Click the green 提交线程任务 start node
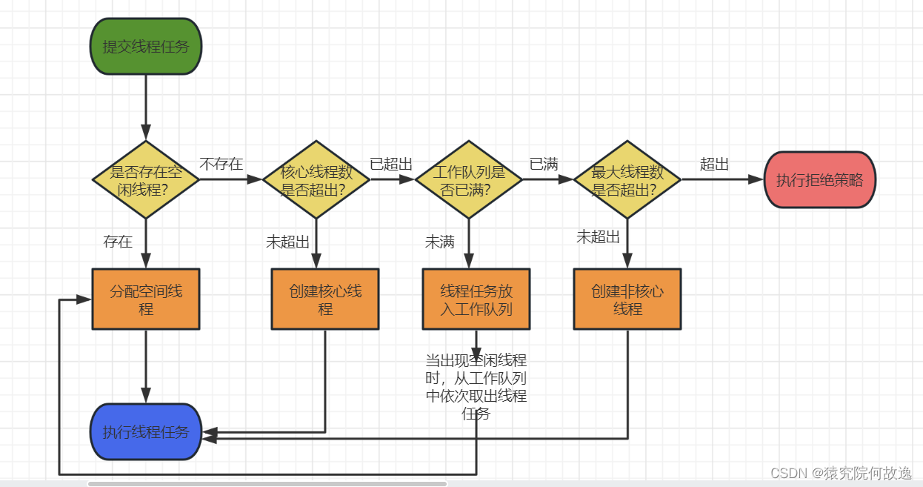[146, 46]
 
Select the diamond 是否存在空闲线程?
[146, 180]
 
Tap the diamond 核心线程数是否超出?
[316, 180]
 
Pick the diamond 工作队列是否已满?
[468, 180]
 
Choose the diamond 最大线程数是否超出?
[627, 180]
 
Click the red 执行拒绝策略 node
[819, 180]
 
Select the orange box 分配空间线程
[146, 299]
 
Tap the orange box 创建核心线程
[325, 299]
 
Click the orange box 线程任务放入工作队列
[476, 299]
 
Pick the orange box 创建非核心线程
[627, 299]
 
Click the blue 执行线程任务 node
[146, 431]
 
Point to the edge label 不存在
[221, 164]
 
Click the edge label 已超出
[391, 164]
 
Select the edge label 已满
[544, 164]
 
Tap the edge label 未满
[439, 242]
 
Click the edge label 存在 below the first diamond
[118, 242]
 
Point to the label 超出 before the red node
[715, 164]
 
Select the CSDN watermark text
[841, 473]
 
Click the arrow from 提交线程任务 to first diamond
[146, 107]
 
